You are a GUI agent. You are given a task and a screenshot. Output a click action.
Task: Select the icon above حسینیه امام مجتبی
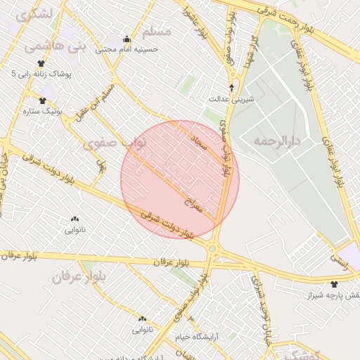pyautogui.click(x=127, y=39)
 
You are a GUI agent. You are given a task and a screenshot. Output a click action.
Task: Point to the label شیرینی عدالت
pyautogui.click(x=236, y=100)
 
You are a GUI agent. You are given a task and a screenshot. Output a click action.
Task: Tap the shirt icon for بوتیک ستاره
pyautogui.click(x=43, y=101)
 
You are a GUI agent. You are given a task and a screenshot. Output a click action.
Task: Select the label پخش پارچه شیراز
pyautogui.click(x=331, y=296)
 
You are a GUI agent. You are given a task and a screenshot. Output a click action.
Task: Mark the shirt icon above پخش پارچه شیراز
pyautogui.click(x=333, y=285)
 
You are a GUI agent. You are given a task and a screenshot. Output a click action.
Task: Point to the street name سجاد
pyautogui.click(x=200, y=145)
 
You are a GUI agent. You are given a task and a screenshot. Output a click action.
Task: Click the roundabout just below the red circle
pyautogui.click(x=212, y=248)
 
